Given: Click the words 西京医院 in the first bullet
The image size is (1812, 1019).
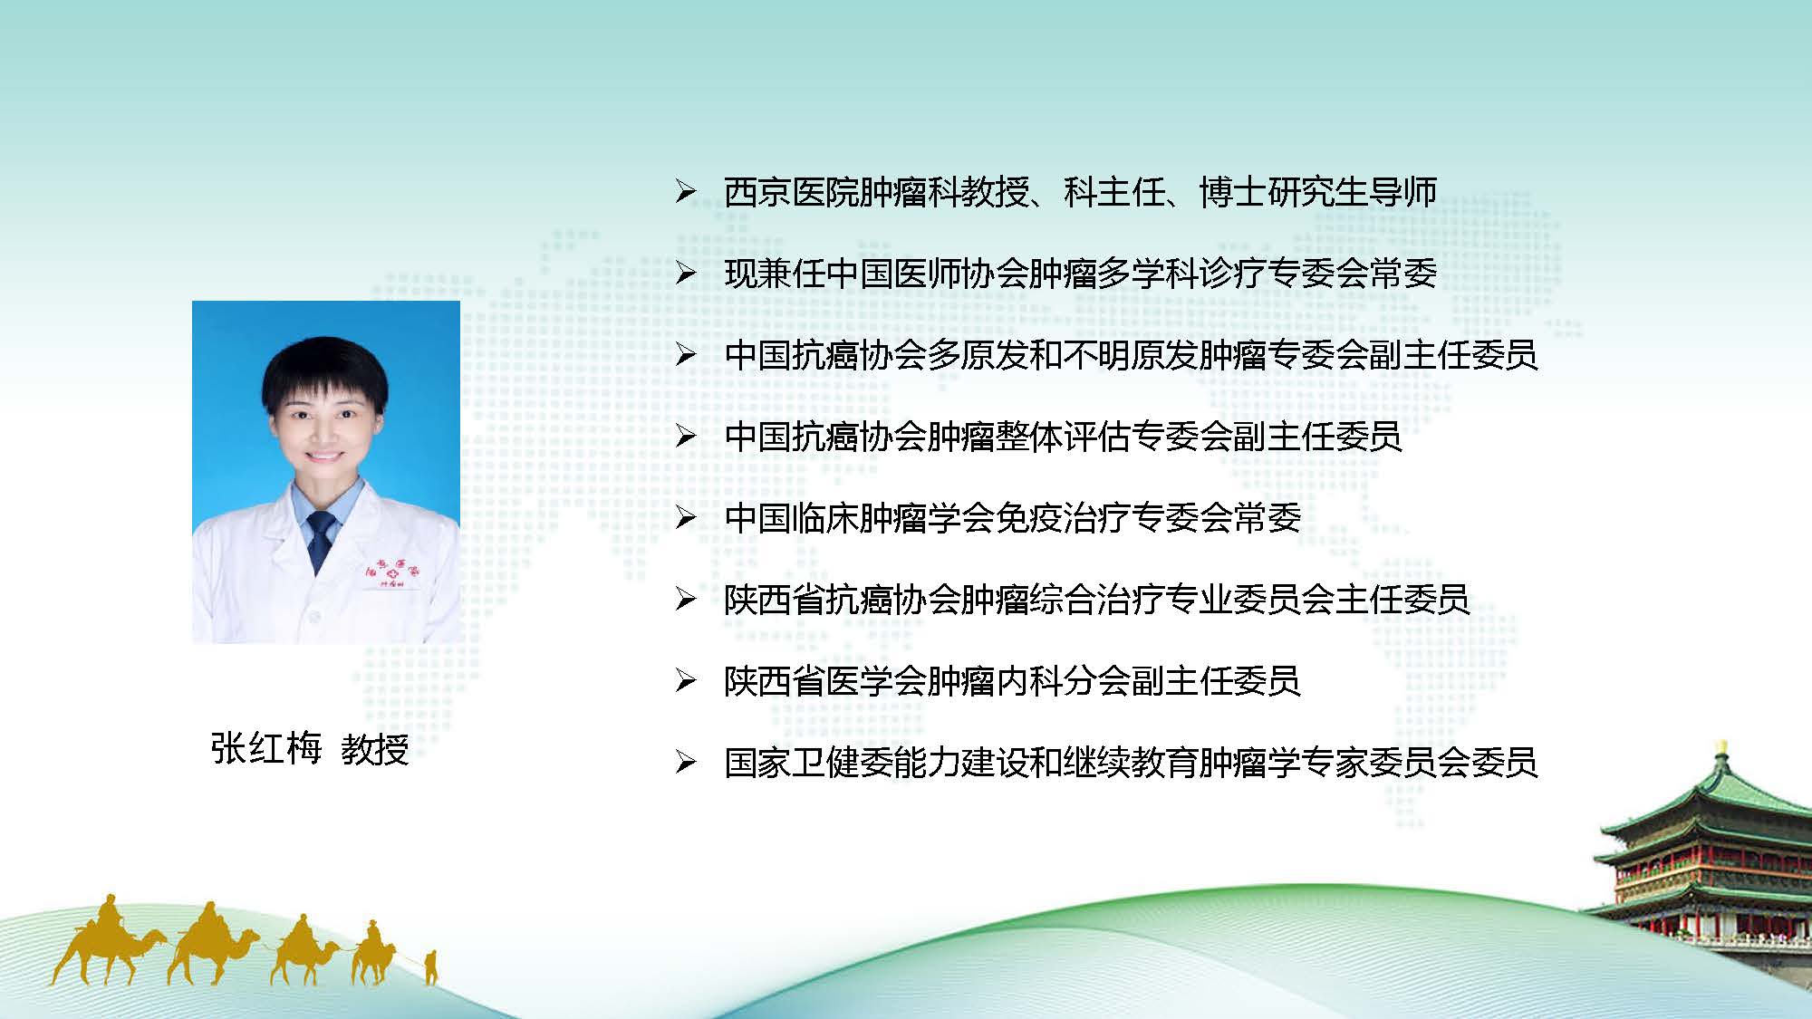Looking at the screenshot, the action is tap(791, 192).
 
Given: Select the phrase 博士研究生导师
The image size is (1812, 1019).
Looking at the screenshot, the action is tap(1318, 192).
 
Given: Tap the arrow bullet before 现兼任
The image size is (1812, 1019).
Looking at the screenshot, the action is tap(686, 274).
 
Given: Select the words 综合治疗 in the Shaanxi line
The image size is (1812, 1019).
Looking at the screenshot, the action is tap(1096, 600).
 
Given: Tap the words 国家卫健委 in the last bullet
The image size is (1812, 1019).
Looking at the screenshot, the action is tap(808, 763).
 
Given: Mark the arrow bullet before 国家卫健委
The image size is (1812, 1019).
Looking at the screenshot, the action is tap(686, 763).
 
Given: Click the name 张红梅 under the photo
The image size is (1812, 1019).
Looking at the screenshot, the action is tap(266, 748).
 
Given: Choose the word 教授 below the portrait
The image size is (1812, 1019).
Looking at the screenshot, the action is tap(375, 748).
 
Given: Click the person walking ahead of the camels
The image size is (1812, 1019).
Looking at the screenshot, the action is tap(431, 966).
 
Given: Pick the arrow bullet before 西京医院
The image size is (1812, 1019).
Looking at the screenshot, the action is tap(686, 192).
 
